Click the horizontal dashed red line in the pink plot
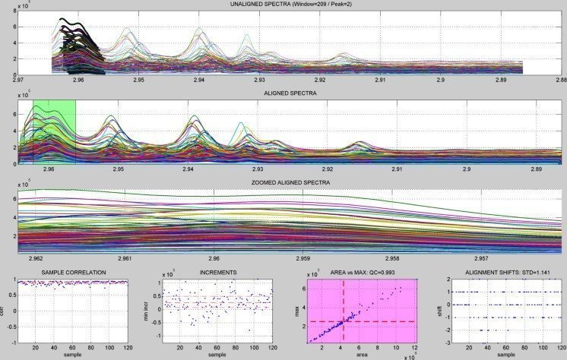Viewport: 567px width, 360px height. point(380,321)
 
